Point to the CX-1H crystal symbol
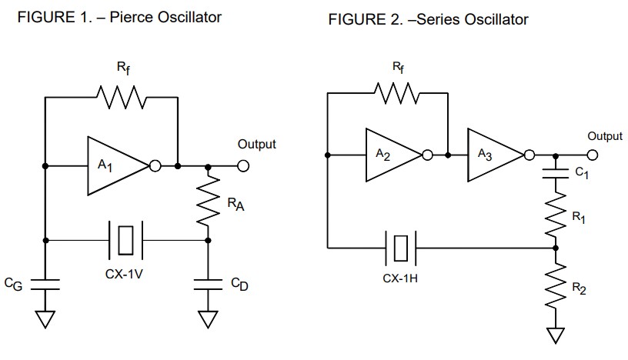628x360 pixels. click(400, 248)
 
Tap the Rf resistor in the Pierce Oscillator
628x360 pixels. click(120, 98)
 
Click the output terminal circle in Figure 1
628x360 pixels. click(243, 165)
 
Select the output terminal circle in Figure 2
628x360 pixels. click(592, 155)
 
